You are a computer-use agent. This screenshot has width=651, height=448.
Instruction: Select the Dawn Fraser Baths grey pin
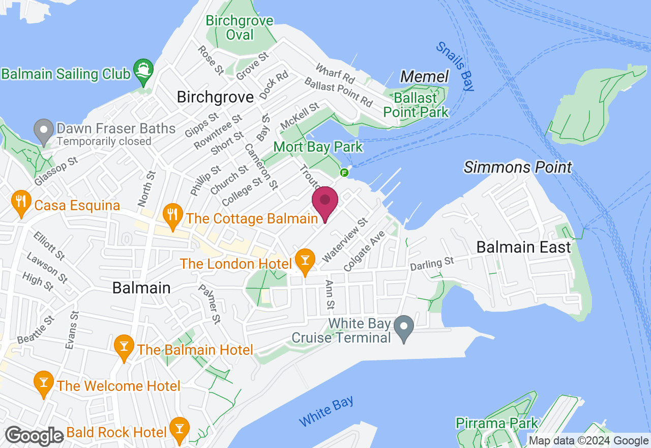[x=44, y=131]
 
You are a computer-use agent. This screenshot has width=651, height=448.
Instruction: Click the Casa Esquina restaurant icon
[x=21, y=203]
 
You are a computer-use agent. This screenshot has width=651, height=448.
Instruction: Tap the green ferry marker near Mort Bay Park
[x=344, y=172]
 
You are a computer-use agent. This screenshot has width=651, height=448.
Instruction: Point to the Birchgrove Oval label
[x=240, y=28]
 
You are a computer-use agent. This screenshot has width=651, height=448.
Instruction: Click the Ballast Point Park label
[x=416, y=104]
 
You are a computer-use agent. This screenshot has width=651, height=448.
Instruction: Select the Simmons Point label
[x=518, y=167]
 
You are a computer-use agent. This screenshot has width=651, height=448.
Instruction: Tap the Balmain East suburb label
[x=523, y=247]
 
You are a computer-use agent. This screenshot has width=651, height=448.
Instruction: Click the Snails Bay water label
[x=455, y=66]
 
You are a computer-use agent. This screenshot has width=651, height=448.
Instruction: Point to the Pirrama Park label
[x=496, y=423]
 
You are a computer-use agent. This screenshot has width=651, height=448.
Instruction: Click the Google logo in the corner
[x=35, y=436]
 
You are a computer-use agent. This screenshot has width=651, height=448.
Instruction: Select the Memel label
[x=425, y=77]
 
